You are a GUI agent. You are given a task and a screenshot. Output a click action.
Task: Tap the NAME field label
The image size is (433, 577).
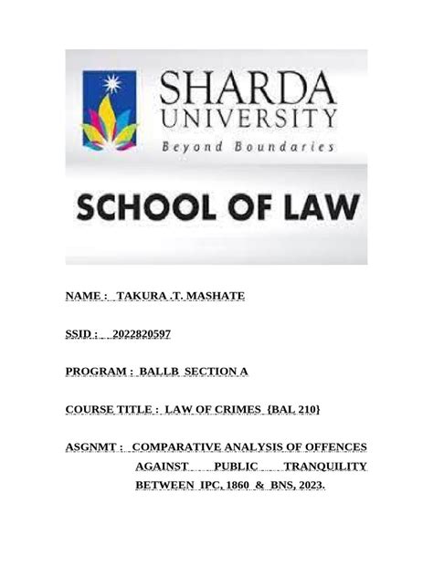coord(85,297)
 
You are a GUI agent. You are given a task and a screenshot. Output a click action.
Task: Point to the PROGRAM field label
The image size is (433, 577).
coord(100,372)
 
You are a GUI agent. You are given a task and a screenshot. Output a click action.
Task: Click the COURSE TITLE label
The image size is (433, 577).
coord(112,410)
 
